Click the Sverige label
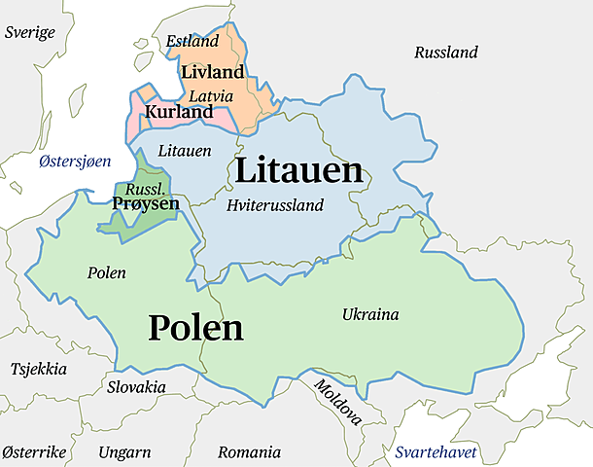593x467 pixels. (x=30, y=32)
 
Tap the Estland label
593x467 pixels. (x=192, y=42)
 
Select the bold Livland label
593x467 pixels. (x=213, y=73)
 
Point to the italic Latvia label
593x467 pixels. (x=211, y=96)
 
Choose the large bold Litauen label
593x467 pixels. (x=298, y=171)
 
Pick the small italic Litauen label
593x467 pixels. (x=184, y=152)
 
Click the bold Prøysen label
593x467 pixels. (x=146, y=203)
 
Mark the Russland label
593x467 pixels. (x=446, y=53)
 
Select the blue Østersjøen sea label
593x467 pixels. (x=75, y=162)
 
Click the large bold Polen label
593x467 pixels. (x=195, y=328)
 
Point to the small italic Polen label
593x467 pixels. (x=106, y=272)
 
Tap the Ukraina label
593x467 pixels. (x=370, y=314)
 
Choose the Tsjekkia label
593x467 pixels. (x=39, y=370)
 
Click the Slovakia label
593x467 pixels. (x=136, y=387)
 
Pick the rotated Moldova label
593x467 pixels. (x=337, y=403)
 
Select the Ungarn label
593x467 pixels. (x=124, y=452)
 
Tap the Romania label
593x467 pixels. (x=249, y=452)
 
